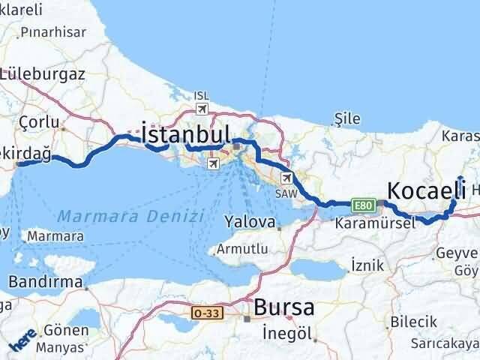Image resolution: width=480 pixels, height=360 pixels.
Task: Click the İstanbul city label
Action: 186,136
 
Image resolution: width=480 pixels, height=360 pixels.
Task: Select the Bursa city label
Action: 284,307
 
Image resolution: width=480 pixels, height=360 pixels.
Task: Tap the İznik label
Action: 367,264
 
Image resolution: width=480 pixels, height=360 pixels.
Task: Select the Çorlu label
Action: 34,121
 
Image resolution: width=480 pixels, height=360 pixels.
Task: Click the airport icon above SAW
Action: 287,178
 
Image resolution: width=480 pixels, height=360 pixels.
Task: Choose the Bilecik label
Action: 413,321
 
